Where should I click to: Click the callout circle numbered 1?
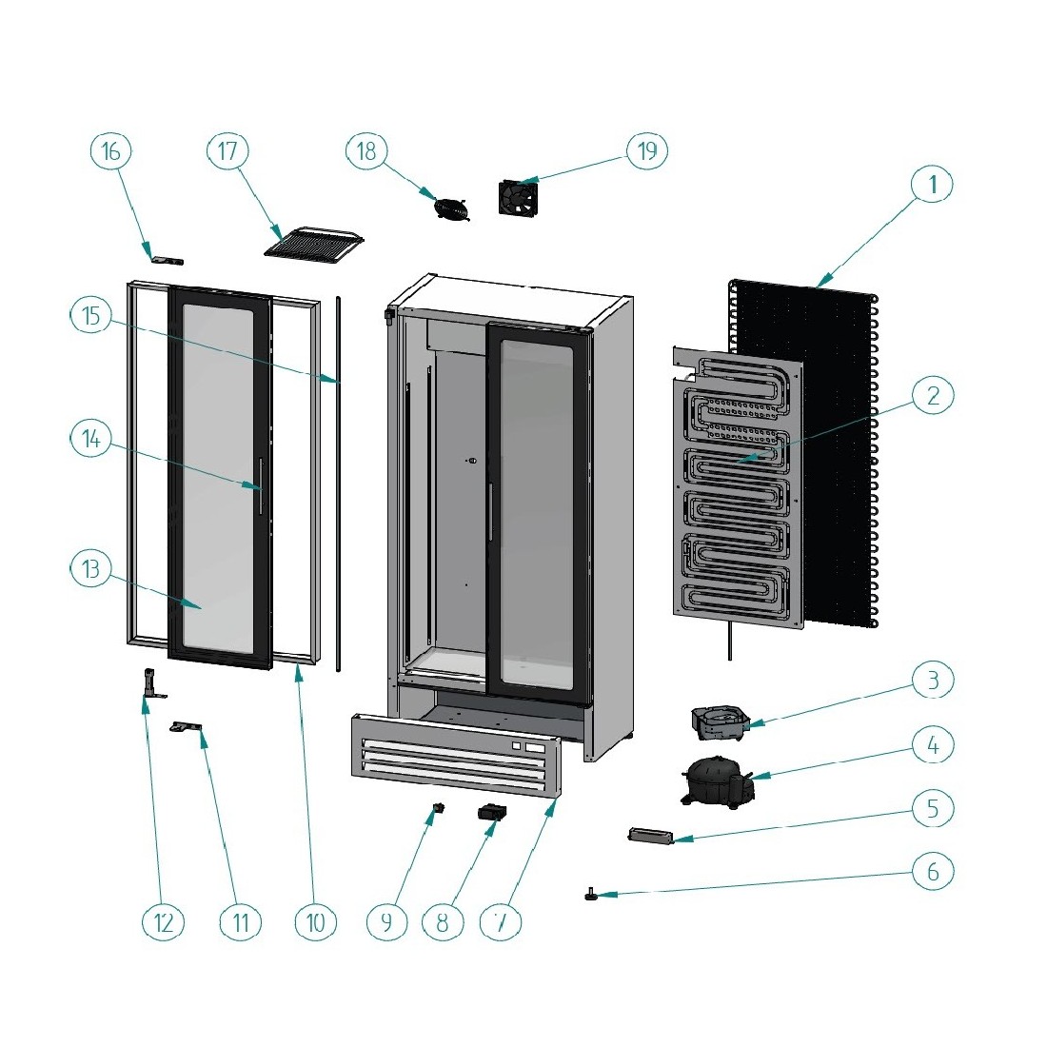tap(933, 184)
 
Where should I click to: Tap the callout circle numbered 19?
tap(647, 150)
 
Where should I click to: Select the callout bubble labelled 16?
tap(110, 150)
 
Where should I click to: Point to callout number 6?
tap(933, 871)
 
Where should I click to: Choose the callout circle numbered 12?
tap(163, 921)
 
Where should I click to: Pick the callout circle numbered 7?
tap(501, 921)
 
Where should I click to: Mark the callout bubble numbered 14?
tap(90, 439)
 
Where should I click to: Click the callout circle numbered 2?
tap(933, 395)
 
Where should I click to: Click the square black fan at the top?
tap(518, 197)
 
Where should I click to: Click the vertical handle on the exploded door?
tap(258, 485)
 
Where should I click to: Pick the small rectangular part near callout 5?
tap(650, 836)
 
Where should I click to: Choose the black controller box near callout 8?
tap(492, 812)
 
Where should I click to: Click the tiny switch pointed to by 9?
tap(438, 808)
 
